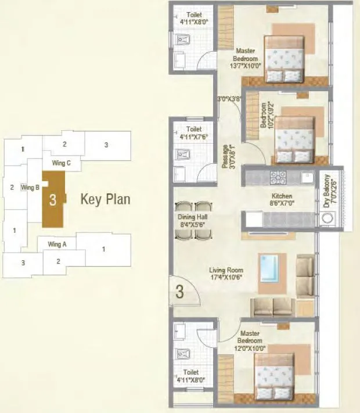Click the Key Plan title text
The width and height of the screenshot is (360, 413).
(x=105, y=200)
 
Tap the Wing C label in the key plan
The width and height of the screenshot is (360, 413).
(x=61, y=163)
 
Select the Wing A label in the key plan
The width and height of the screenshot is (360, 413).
(x=57, y=245)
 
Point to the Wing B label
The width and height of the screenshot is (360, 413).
(x=30, y=188)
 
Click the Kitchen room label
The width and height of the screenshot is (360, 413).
(x=281, y=196)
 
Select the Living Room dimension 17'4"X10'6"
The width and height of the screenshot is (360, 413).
(x=226, y=278)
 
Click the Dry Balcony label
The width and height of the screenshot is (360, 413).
(x=327, y=191)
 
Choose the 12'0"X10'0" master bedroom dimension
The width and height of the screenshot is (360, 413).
(x=250, y=348)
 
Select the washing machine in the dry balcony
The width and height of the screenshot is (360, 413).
(x=329, y=220)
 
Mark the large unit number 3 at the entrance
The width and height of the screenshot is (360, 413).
(x=179, y=292)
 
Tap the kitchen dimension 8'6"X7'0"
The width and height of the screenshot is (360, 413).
(x=281, y=204)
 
